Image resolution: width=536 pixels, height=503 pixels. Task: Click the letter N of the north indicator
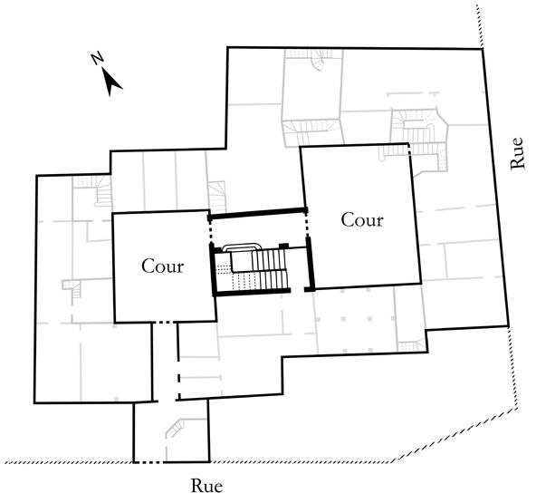click(x=98, y=59)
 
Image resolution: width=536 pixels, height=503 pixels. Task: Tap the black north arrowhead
click(x=111, y=82)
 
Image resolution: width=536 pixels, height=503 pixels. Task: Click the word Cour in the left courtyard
click(x=163, y=266)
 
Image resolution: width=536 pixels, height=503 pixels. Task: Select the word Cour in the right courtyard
click(x=362, y=219)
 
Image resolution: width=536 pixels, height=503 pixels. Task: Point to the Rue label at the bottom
click(x=206, y=486)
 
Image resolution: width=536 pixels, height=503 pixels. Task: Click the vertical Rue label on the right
click(x=517, y=153)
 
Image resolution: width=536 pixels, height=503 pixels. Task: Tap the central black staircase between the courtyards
click(x=254, y=268)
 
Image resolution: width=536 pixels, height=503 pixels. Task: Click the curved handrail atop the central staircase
click(x=241, y=247)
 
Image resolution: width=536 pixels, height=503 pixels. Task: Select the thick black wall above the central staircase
click(x=258, y=213)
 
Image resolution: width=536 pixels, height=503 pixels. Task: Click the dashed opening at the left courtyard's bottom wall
click(x=165, y=322)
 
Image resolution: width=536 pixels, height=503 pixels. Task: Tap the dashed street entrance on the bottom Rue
click(x=147, y=462)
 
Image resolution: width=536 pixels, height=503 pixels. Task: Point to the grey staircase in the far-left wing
click(x=93, y=191)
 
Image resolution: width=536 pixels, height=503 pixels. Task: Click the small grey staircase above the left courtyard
click(x=216, y=196)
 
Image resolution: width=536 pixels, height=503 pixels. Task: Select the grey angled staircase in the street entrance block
click(x=175, y=428)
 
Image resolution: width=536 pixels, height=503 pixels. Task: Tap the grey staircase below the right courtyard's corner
click(x=412, y=346)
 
